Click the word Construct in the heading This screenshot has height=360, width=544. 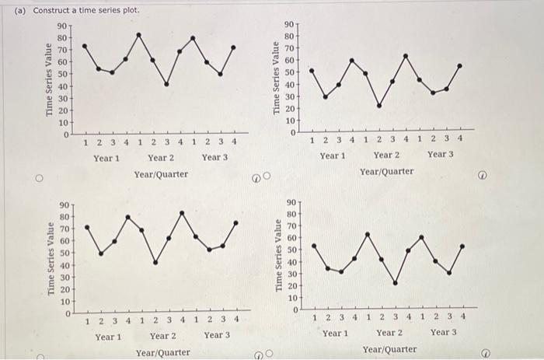point(53,10)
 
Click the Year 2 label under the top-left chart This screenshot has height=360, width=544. point(161,158)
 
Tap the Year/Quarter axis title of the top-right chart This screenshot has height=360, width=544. point(387,171)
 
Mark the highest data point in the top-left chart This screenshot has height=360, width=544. point(139,34)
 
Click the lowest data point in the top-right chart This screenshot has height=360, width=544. point(379,106)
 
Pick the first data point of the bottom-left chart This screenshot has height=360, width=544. point(87,227)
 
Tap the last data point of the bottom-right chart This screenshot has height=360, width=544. point(462,246)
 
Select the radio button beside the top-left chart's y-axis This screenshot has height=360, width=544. point(37,178)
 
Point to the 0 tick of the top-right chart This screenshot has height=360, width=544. point(293,133)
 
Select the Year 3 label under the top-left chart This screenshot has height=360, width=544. point(214,158)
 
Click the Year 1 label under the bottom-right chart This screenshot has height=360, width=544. point(335,333)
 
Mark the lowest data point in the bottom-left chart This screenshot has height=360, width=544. point(155,263)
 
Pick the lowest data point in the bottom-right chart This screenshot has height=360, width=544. point(395,283)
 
